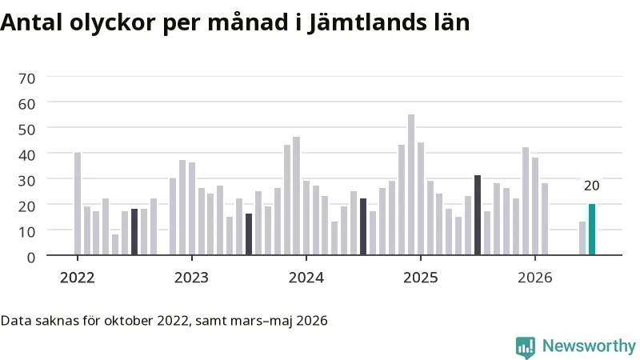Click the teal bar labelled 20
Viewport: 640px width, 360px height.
tap(592, 230)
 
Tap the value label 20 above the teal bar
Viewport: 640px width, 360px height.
tap(591, 186)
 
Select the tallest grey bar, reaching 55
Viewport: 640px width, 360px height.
tap(411, 185)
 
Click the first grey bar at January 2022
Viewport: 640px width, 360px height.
tap(78, 204)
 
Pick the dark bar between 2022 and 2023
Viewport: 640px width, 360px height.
tap(134, 232)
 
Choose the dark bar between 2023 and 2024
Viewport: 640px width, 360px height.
tap(249, 234)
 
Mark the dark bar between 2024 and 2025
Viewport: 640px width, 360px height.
tap(363, 227)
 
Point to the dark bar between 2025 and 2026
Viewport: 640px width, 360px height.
tap(478, 215)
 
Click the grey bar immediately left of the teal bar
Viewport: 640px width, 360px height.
tap(582, 238)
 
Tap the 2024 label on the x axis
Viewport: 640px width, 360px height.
tap(306, 278)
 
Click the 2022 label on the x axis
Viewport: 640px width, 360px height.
tap(77, 278)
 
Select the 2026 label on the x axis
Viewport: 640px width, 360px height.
tap(534, 278)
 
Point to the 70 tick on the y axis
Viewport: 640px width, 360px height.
tap(26, 78)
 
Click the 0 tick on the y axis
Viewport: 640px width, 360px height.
tap(31, 258)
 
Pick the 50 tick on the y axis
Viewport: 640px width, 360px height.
tap(26, 130)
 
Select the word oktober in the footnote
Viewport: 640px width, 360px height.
tap(129, 321)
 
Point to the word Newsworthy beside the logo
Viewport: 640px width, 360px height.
tap(589, 346)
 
